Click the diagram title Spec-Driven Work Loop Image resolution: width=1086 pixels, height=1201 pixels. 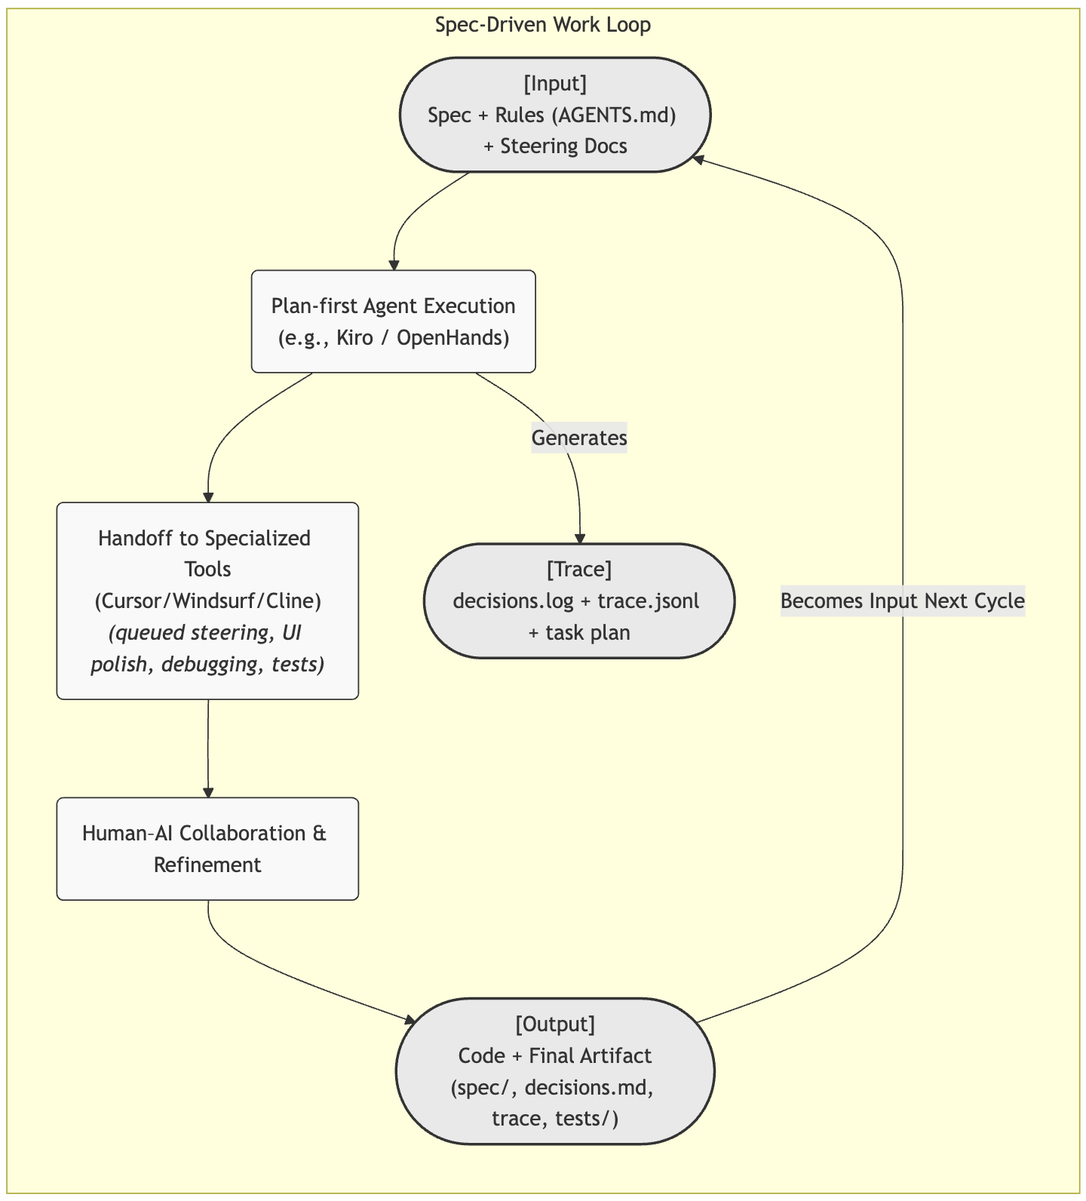click(543, 25)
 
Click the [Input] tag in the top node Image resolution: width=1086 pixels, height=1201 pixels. click(554, 83)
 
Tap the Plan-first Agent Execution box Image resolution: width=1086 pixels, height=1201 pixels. click(393, 321)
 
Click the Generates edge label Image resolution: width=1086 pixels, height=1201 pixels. click(579, 438)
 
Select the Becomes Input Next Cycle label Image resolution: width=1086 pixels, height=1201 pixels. click(902, 601)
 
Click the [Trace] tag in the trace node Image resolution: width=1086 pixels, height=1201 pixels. click(578, 570)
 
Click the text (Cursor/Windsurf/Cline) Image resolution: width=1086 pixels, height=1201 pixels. click(207, 601)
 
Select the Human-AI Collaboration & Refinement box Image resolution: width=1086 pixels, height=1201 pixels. click(207, 849)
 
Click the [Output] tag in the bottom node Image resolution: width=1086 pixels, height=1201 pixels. click(554, 1024)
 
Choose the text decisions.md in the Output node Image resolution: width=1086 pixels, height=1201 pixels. click(588, 1087)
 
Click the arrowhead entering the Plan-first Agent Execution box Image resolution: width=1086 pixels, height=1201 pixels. click(393, 265)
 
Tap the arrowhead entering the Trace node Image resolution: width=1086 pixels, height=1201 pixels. click(579, 539)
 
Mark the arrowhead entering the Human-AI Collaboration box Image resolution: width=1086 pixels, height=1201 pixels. click(207, 792)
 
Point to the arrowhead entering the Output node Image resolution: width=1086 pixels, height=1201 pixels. click(410, 1021)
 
